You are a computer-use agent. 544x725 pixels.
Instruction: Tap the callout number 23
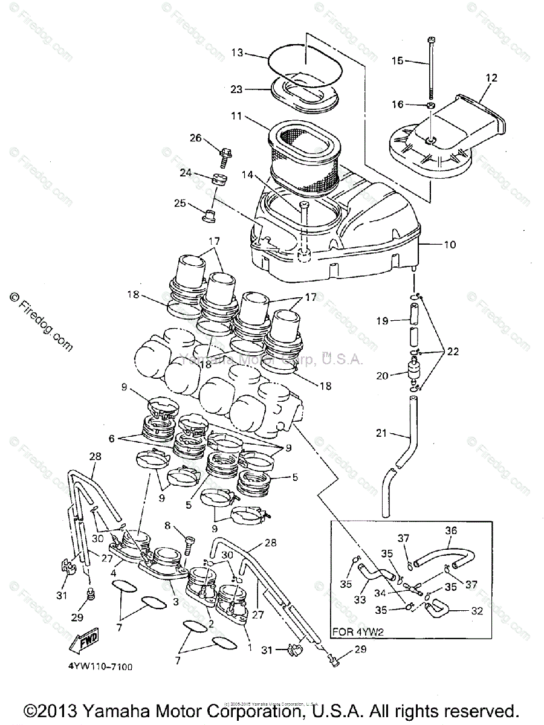coord(236,89)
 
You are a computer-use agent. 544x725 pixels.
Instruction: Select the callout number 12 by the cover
coord(491,78)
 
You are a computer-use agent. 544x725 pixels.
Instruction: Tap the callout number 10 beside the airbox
coord(449,245)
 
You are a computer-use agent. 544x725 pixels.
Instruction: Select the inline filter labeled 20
coord(414,372)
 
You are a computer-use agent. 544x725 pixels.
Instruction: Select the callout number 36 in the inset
coord(451,531)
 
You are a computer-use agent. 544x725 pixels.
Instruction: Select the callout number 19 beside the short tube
coord(381,321)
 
